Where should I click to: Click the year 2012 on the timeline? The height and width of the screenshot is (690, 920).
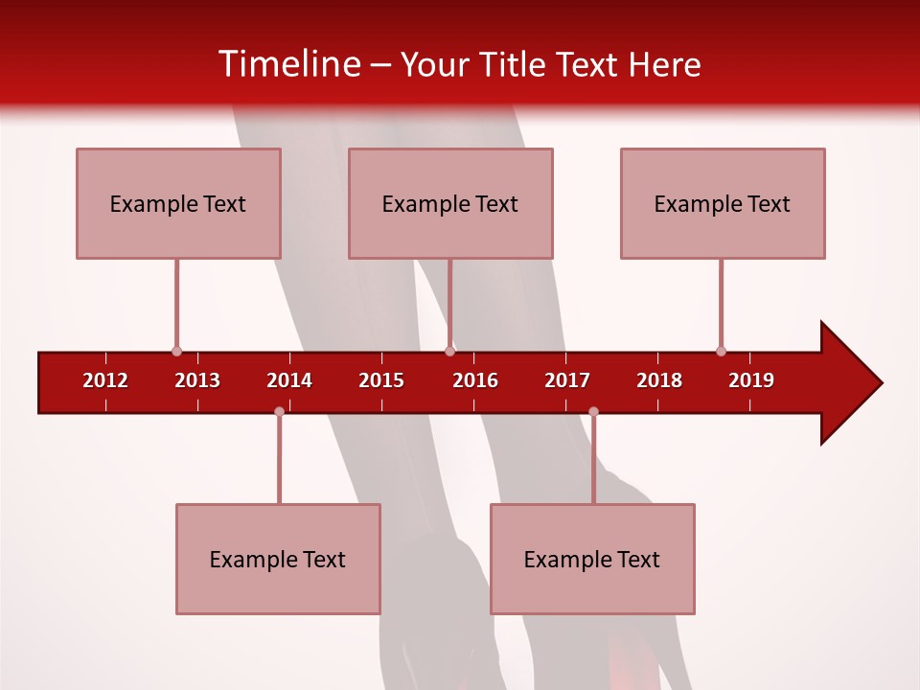[x=105, y=380]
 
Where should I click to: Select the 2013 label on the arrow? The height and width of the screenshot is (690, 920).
[x=197, y=380]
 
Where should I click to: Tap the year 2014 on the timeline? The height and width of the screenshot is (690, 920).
[x=289, y=380]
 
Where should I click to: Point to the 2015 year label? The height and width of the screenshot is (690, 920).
[x=381, y=380]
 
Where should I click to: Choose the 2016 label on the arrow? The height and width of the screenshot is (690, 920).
[x=475, y=380]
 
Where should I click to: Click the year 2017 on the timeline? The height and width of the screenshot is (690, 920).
[x=567, y=380]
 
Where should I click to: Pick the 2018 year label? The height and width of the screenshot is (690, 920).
[x=659, y=380]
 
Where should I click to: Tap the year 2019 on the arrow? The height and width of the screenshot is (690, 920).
[x=751, y=380]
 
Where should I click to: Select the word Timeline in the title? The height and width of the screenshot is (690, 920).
[x=288, y=64]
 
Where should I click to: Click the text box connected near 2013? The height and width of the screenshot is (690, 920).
[x=178, y=203]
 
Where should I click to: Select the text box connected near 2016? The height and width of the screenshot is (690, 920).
[x=450, y=203]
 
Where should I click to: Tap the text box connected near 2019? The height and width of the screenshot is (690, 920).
[x=723, y=203]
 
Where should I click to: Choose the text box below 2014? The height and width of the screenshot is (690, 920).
[x=278, y=559]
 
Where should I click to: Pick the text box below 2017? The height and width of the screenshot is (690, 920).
[x=592, y=559]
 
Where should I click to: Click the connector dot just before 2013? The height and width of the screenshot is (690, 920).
[x=176, y=351]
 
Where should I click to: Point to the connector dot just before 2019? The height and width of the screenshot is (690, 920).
[x=721, y=351]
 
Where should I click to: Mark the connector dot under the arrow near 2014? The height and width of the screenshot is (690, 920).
[x=279, y=411]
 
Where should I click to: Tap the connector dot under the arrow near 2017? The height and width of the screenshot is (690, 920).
[x=593, y=411]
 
